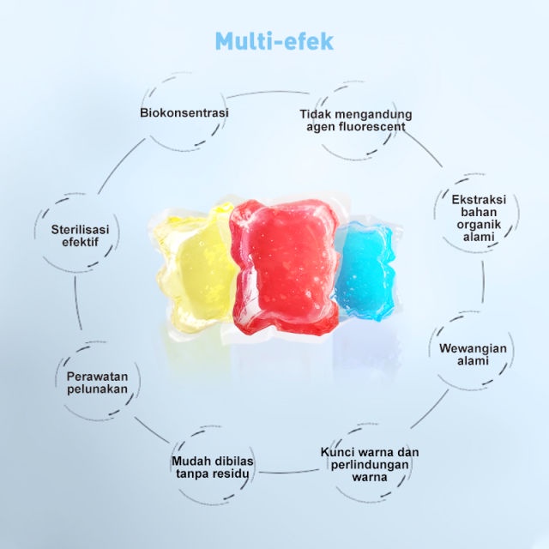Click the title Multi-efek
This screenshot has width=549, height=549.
(x=274, y=41)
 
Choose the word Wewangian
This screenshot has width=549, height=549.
(x=474, y=348)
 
